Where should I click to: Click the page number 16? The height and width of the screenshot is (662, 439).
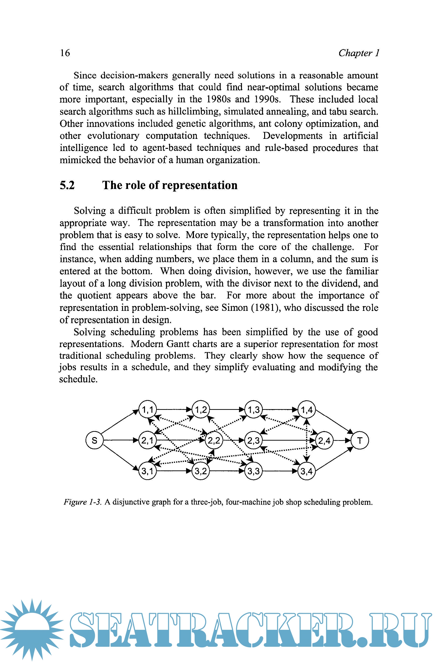(x=65, y=53)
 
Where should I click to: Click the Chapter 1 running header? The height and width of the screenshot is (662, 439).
(x=359, y=53)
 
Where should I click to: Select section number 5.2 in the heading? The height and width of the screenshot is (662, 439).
(x=67, y=185)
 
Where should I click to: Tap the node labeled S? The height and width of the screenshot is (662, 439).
(x=94, y=440)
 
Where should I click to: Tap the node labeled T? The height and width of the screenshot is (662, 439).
(x=360, y=440)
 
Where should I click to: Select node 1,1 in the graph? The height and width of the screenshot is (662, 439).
(x=148, y=410)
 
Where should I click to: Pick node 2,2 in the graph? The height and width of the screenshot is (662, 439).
(x=214, y=441)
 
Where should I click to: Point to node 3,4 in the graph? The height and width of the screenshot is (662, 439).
(x=307, y=471)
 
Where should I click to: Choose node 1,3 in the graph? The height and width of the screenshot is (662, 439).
(x=254, y=410)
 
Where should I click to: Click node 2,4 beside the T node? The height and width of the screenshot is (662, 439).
(x=324, y=441)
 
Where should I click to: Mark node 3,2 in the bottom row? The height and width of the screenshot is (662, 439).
(x=200, y=471)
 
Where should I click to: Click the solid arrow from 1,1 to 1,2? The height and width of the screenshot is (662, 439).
(x=174, y=410)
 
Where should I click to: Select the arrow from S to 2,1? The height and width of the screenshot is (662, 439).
(x=120, y=440)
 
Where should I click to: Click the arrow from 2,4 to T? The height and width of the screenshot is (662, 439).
(x=342, y=440)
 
